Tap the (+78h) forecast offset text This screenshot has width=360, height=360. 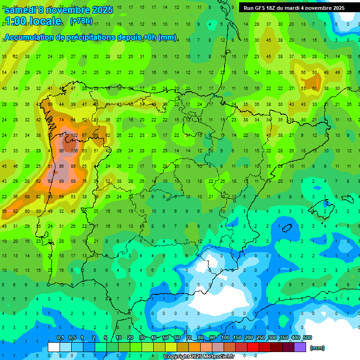[x=81, y=21]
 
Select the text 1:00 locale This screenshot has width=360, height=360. [x=33, y=21]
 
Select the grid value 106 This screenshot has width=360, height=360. [x=73, y=151]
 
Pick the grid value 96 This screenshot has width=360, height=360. [x=61, y=166]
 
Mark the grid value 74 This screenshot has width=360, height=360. [x=61, y=120]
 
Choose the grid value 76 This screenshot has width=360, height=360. [x=84, y=181]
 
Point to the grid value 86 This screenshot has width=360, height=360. [x=61, y=151]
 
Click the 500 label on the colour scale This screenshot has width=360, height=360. [x=307, y=338]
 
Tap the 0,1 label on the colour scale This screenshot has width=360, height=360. [x=60, y=338]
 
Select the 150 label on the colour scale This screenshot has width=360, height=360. [x=237, y=338]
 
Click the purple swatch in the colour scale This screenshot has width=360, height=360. [x=300, y=347]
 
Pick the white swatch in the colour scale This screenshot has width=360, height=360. [x=54, y=347]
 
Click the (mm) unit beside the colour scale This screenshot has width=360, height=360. [x=317, y=348]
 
